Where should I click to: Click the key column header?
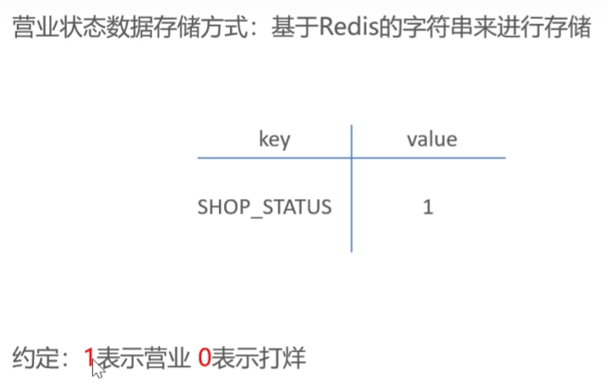pos(274,139)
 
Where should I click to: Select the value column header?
pos(431,139)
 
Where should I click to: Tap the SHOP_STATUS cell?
pos(264,207)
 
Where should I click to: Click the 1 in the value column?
pos(428,207)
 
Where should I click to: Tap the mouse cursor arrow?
pos(98,368)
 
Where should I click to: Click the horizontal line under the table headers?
pos(351,157)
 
